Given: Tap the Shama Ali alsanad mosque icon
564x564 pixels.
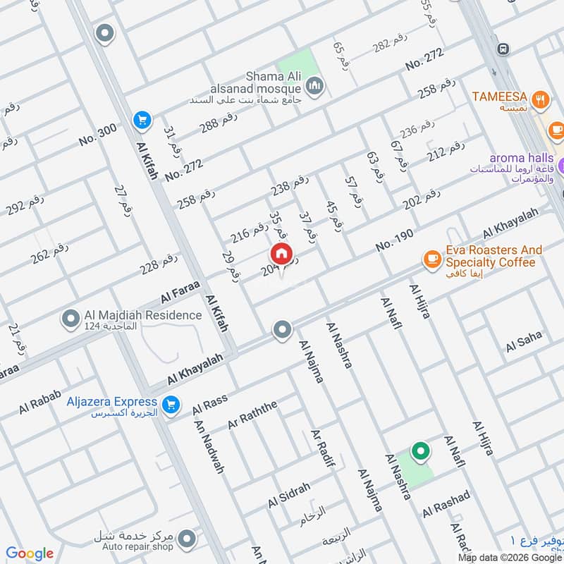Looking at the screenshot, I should point(314,87).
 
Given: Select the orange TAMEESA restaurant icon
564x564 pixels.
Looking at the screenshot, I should point(541,100).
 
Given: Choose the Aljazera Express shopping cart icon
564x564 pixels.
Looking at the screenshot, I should point(169,405).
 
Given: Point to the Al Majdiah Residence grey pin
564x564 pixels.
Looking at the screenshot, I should point(70,319).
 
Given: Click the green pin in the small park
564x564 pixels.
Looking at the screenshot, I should point(420,451).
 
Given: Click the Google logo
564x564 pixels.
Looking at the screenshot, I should point(30,553).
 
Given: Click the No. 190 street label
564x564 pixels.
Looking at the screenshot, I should point(394,240).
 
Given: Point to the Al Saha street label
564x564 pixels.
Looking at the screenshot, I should point(524,341).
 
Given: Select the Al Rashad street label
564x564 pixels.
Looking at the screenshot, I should point(446,505).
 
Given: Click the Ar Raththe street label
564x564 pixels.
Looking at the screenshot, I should point(253,415).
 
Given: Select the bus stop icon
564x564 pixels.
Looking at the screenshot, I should point(503,49).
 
